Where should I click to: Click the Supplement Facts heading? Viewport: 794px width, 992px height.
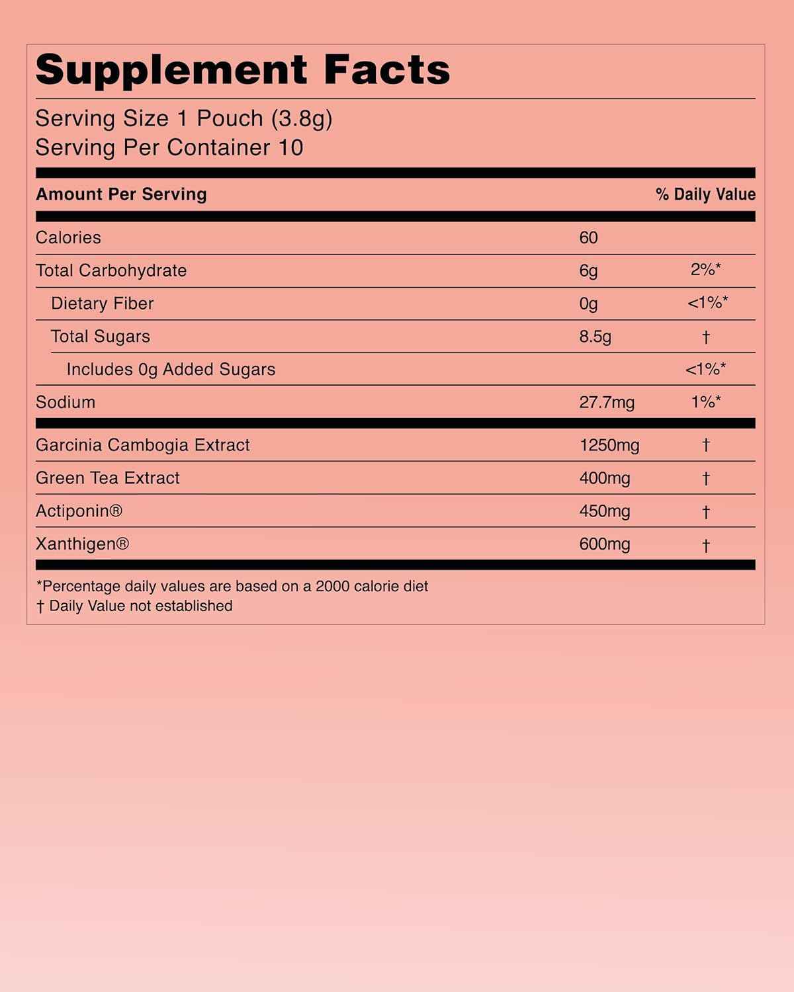pyautogui.click(x=242, y=70)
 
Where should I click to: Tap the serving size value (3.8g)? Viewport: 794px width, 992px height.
pyautogui.click(x=301, y=118)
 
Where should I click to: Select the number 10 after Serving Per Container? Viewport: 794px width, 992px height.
pyautogui.click(x=290, y=147)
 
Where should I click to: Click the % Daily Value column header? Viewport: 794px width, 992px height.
pyautogui.click(x=705, y=194)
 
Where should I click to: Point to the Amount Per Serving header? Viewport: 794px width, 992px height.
pyautogui.click(x=121, y=194)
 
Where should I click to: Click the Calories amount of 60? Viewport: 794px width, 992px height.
pyautogui.click(x=588, y=237)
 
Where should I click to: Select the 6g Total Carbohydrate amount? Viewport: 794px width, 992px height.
pyautogui.click(x=588, y=270)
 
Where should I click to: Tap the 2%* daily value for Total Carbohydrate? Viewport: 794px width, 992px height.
pyautogui.click(x=705, y=270)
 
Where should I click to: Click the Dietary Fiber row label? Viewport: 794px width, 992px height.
pyautogui.click(x=102, y=304)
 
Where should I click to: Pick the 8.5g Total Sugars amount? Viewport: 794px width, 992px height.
pyautogui.click(x=595, y=337)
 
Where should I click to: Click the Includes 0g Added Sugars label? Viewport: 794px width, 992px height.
pyautogui.click(x=171, y=370)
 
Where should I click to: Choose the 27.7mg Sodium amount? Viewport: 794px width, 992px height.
pyautogui.click(x=607, y=403)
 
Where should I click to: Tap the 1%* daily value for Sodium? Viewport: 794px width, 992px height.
pyautogui.click(x=705, y=402)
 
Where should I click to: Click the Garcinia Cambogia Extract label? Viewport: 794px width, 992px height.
pyautogui.click(x=143, y=445)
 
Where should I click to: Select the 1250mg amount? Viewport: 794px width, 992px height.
pyautogui.click(x=609, y=445)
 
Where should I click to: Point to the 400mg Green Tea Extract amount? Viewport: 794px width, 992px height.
pyautogui.click(x=605, y=478)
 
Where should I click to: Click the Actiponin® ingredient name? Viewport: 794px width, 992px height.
pyautogui.click(x=79, y=511)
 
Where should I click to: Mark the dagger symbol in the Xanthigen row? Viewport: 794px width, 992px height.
pyautogui.click(x=706, y=546)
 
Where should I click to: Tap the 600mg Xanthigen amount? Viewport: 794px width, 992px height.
pyautogui.click(x=605, y=544)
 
